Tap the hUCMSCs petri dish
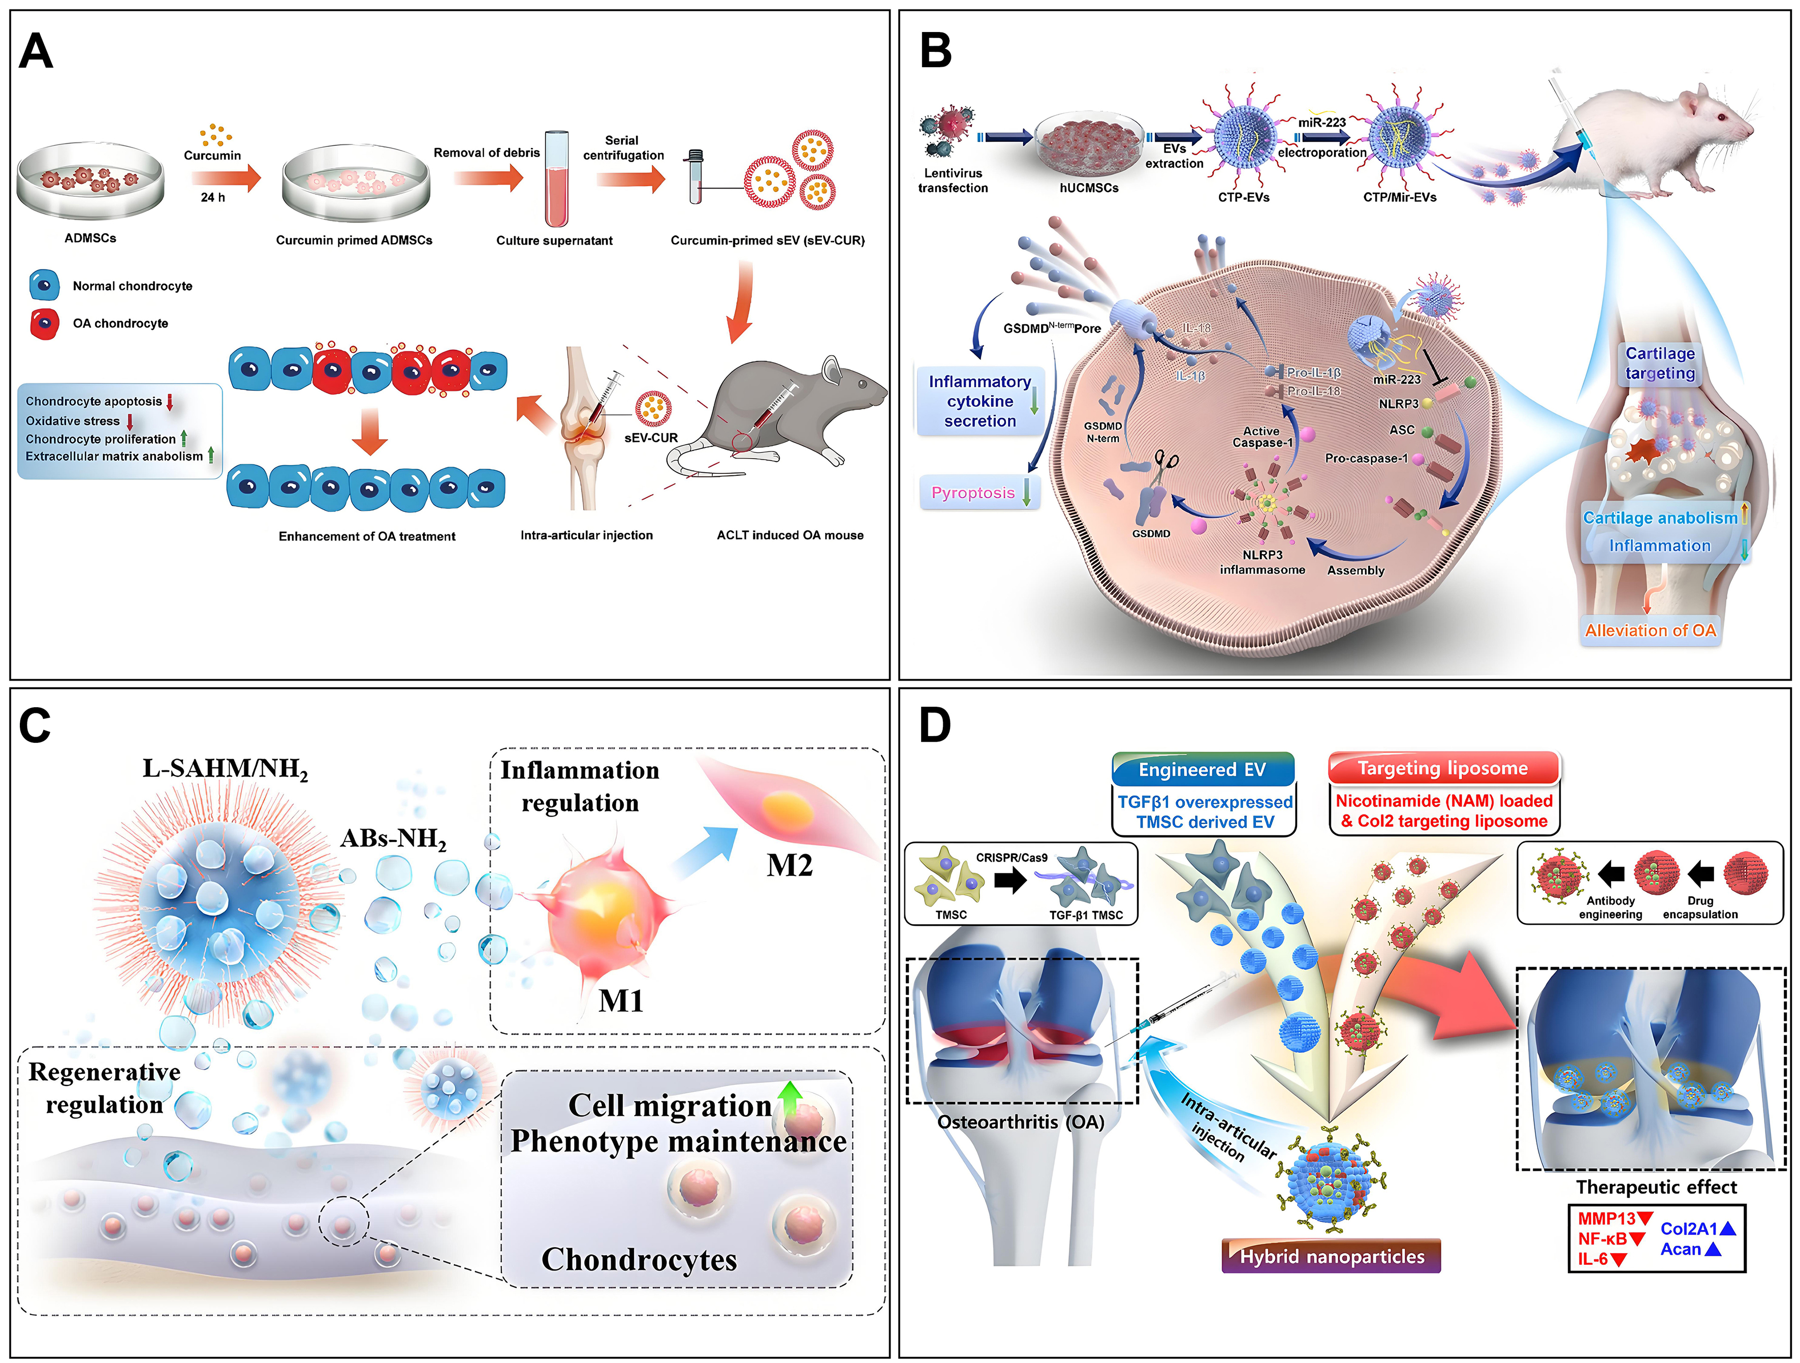coord(1089,142)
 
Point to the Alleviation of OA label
coord(1650,630)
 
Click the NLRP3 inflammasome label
coord(1261,562)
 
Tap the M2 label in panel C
coord(788,865)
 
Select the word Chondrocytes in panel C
coord(639,1260)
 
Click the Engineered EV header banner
coord(1202,769)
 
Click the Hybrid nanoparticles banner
coord(1331,1256)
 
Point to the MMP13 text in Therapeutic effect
coord(1606,1219)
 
